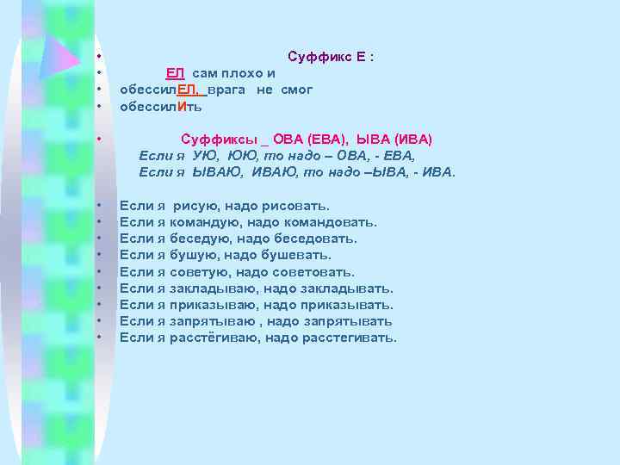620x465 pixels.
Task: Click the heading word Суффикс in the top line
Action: [314, 57]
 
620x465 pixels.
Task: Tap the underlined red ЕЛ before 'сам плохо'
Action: [175, 73]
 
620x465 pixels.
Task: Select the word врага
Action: [227, 90]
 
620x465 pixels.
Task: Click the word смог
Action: [295, 90]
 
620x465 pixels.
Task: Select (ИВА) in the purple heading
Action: [413, 139]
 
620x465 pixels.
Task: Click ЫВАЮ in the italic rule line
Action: [215, 172]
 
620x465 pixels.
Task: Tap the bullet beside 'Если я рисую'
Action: [101, 206]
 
